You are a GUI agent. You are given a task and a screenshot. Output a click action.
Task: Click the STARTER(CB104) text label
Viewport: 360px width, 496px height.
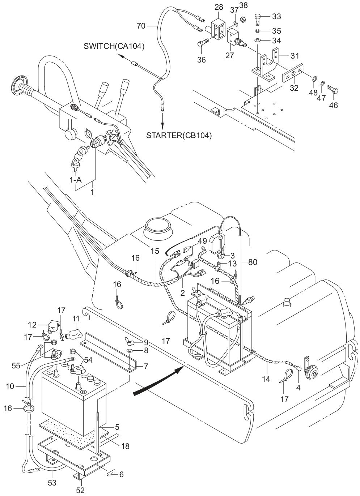179,136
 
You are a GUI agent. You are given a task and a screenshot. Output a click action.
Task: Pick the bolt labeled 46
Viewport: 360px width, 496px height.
332,88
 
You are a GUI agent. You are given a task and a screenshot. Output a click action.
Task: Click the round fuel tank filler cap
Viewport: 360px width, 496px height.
158,227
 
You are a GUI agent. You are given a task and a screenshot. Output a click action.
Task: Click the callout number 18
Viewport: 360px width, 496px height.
125,446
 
